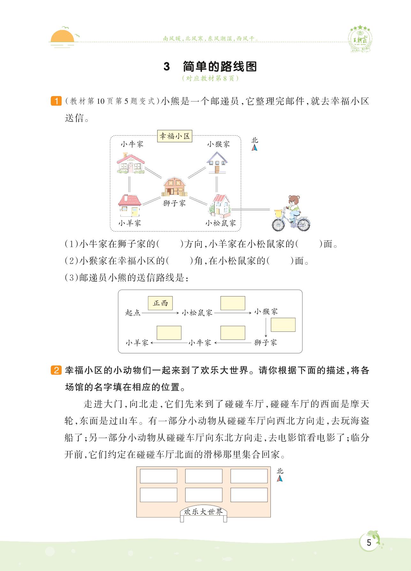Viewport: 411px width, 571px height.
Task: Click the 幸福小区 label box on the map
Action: [x=175, y=136]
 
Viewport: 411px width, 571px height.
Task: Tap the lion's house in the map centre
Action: [x=174, y=187]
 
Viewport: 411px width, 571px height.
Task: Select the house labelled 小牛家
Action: [x=130, y=163]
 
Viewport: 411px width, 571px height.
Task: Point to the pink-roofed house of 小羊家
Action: [x=129, y=206]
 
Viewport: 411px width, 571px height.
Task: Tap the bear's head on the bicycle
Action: [x=293, y=201]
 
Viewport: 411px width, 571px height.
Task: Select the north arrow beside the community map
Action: [x=255, y=147]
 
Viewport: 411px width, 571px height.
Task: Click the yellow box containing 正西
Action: [x=160, y=303]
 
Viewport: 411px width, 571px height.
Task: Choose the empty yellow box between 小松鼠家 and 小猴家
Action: [x=233, y=303]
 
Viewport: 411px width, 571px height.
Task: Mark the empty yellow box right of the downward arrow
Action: [x=283, y=325]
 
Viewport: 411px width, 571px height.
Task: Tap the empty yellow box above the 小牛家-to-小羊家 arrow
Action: [x=169, y=333]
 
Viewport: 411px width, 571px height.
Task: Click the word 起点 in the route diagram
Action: [x=133, y=312]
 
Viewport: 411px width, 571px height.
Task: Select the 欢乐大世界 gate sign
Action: [x=203, y=512]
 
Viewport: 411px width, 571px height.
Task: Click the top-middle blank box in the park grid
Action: [x=203, y=476]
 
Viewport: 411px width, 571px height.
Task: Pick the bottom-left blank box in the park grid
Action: [x=158, y=495]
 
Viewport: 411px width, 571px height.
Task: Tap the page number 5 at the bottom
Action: [x=369, y=542]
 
